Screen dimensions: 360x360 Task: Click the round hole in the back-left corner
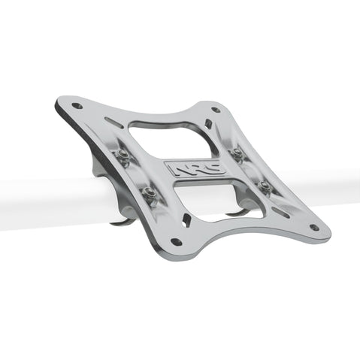(x=77, y=106)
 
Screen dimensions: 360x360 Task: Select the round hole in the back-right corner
(x=216, y=110)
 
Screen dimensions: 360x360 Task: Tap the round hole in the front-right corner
(x=313, y=227)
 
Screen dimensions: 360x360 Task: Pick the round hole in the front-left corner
(x=176, y=242)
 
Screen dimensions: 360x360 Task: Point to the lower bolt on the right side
(x=265, y=185)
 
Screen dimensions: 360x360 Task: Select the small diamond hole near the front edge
(x=186, y=220)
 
